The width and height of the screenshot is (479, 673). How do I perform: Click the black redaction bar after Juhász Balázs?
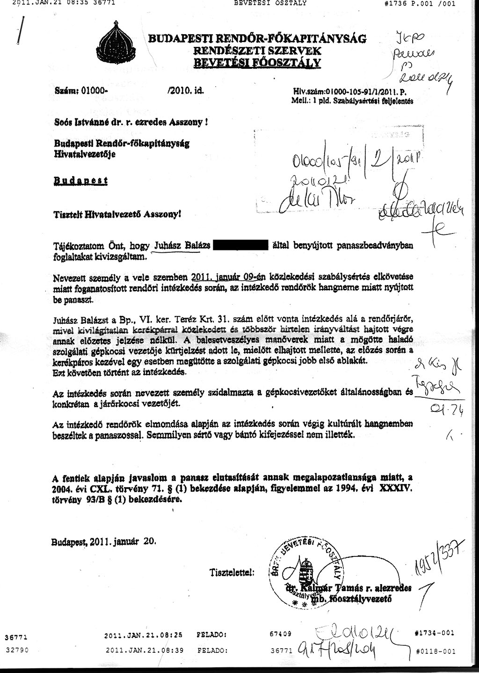pyautogui.click(x=241, y=245)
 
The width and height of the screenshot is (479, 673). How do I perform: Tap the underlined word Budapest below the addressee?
pyautogui.click(x=80, y=181)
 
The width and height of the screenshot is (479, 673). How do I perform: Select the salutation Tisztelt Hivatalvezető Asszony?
pyautogui.click(x=117, y=214)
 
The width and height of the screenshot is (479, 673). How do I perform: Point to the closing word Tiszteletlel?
pyautogui.click(x=232, y=572)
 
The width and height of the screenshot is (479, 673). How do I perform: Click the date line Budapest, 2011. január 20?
pyautogui.click(x=103, y=541)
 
